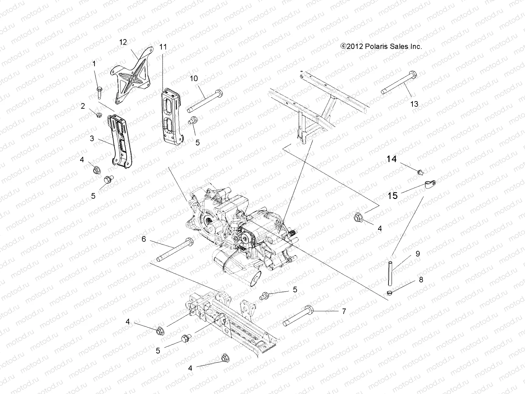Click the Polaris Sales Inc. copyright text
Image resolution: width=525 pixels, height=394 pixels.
point(381,47)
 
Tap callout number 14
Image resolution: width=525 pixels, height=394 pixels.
point(391,159)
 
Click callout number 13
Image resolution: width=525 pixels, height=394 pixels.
point(414,104)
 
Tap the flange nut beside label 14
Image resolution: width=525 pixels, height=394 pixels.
point(420,172)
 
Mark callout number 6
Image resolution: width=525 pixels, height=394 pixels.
point(143,239)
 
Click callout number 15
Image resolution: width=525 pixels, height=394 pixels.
point(392,196)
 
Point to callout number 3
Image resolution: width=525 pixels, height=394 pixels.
point(92,139)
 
